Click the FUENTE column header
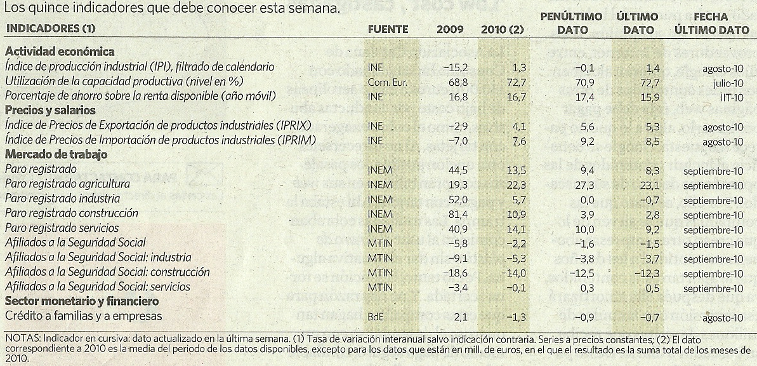click(x=388, y=29)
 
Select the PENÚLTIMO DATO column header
click(x=570, y=23)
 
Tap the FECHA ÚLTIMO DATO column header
click(x=711, y=23)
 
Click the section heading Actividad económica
click(x=60, y=52)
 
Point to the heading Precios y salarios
click(x=50, y=111)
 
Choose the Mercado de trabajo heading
click(x=56, y=154)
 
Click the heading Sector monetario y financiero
click(x=82, y=301)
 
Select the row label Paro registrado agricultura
click(x=67, y=184)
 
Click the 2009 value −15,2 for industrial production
click(x=451, y=67)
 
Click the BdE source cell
click(x=376, y=316)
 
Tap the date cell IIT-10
click(x=732, y=96)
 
